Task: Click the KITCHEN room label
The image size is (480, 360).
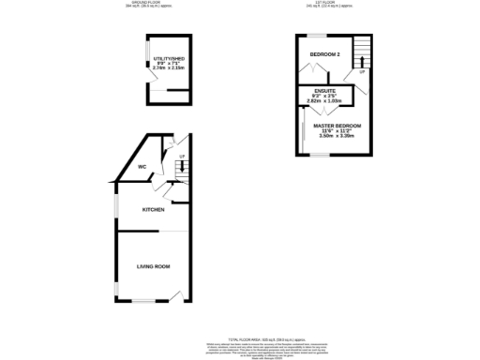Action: tap(154, 209)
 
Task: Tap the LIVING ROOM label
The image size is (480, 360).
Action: tap(154, 267)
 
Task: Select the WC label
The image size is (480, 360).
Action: tap(142, 167)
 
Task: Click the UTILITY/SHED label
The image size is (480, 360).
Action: tap(170, 59)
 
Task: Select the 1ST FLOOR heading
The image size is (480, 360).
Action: tap(331, 4)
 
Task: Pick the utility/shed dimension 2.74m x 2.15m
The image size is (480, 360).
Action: tap(170, 69)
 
